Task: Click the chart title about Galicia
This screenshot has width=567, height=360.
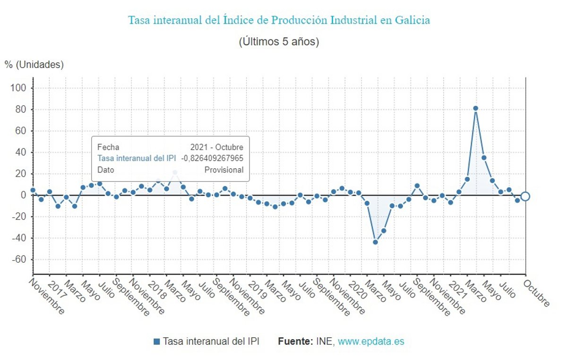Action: coord(279,21)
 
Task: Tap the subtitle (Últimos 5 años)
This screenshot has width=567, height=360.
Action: coord(279,42)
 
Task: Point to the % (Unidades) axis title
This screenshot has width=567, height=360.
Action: coord(34,65)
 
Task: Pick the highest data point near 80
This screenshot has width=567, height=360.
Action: coord(476,108)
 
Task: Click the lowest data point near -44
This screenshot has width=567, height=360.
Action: coord(376,242)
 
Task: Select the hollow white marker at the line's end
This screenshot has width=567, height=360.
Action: coord(525,196)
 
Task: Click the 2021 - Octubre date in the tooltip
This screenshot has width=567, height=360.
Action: coord(217,147)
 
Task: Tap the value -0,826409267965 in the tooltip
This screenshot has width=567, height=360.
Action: coord(213,158)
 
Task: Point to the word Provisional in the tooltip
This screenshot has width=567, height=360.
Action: coord(224,170)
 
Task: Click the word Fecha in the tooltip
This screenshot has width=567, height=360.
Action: coord(108,147)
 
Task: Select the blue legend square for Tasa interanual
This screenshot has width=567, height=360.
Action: coord(157,342)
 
